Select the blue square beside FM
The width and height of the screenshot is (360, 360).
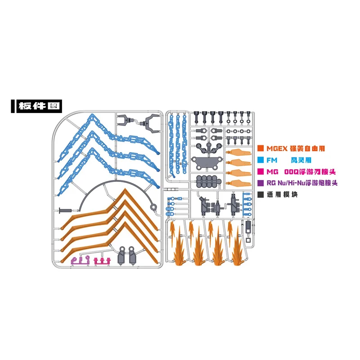click(x=261, y=160)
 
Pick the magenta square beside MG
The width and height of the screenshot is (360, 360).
click(x=261, y=171)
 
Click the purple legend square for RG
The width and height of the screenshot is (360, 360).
click(x=261, y=183)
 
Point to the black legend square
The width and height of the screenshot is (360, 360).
click(x=261, y=195)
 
